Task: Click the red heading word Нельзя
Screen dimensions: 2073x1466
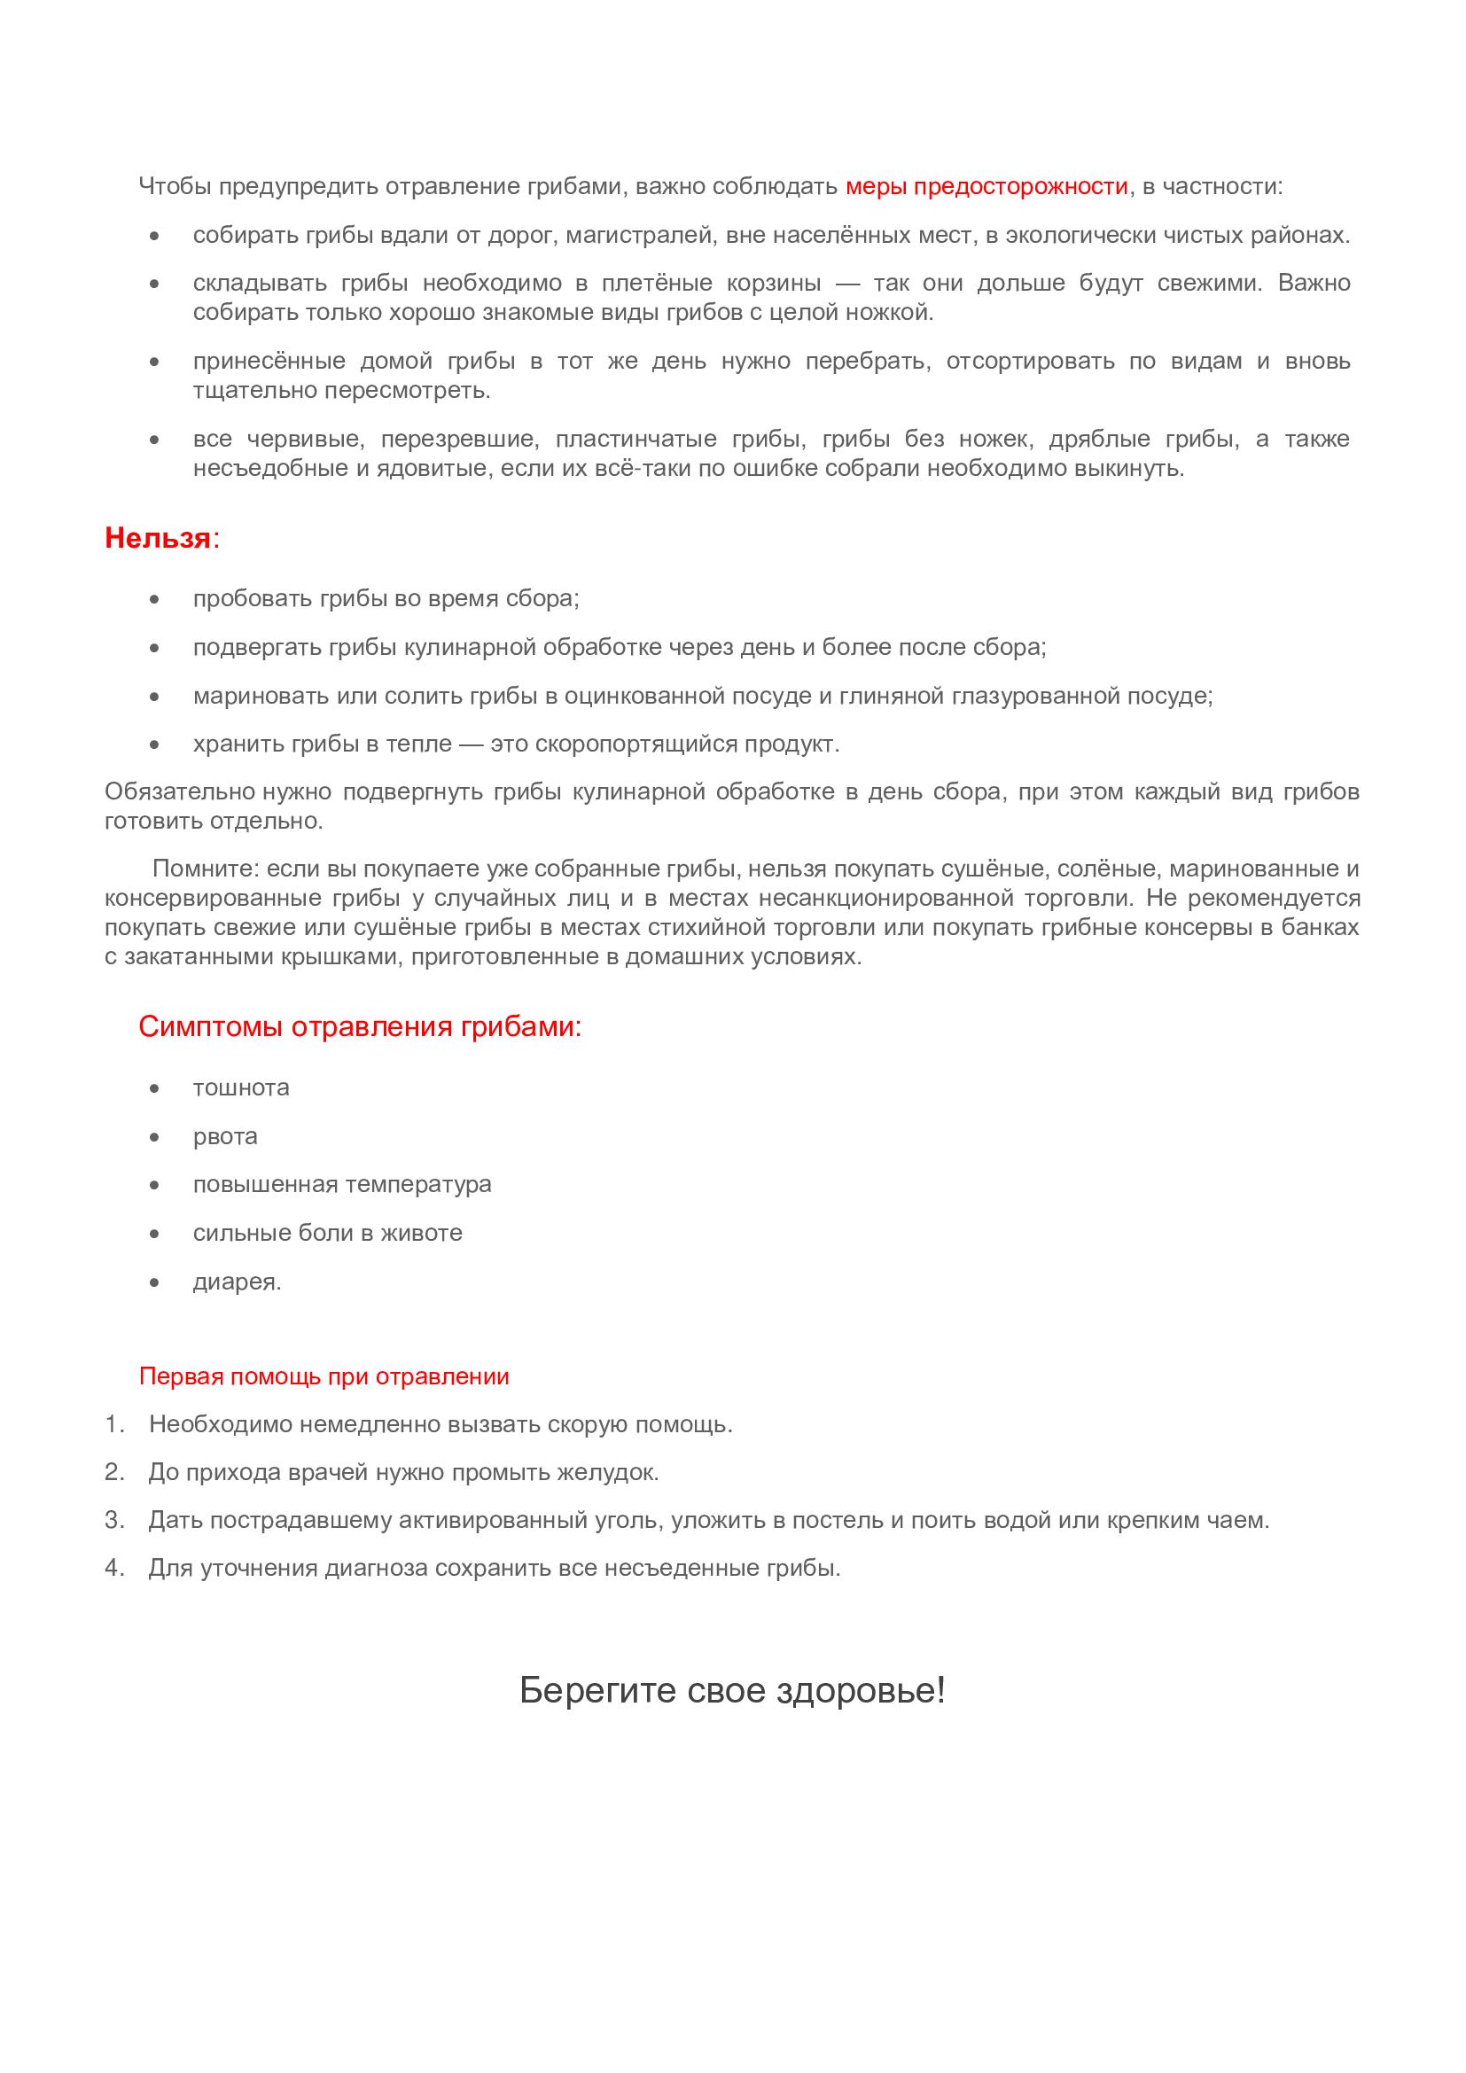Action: click(x=158, y=538)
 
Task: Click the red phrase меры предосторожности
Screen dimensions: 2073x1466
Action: click(x=986, y=187)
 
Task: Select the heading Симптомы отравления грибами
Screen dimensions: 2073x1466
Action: click(x=359, y=1026)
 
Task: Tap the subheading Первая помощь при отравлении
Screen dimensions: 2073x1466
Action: click(x=324, y=1376)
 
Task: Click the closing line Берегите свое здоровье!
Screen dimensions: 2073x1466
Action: click(x=732, y=1690)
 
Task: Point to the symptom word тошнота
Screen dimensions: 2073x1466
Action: click(x=241, y=1087)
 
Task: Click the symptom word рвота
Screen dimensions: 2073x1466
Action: click(x=226, y=1136)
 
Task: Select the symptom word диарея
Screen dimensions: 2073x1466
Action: click(x=237, y=1282)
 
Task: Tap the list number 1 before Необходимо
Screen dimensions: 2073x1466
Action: click(x=113, y=1425)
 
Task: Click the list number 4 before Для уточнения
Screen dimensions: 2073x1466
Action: click(x=113, y=1568)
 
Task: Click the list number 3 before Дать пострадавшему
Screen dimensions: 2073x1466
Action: click(x=113, y=1520)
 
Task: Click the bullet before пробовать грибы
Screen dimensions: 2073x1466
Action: click(x=155, y=599)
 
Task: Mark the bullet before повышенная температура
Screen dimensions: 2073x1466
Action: click(x=155, y=1185)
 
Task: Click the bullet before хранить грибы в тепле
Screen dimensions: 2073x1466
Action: click(x=155, y=744)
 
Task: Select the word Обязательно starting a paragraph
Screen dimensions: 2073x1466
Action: click(x=181, y=791)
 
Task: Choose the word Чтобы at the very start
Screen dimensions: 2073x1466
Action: click(x=175, y=187)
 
